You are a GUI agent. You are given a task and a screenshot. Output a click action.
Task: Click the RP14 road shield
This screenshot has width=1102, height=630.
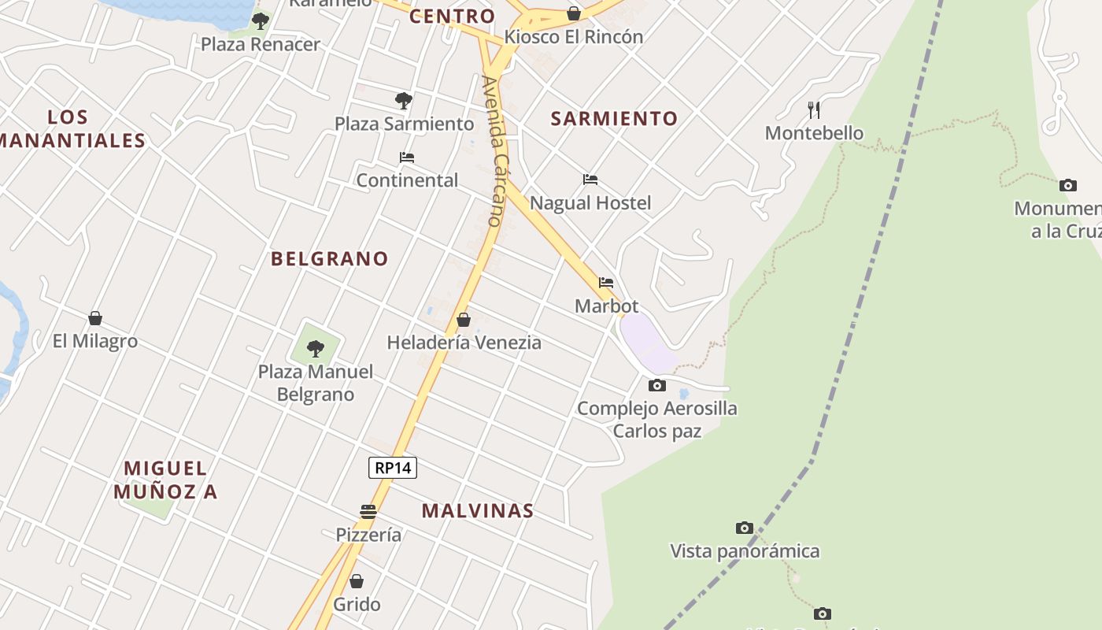393,468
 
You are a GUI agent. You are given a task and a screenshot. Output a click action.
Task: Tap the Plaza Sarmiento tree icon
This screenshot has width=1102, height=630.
404,101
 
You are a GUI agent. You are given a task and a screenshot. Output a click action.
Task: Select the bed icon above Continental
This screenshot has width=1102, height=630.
407,157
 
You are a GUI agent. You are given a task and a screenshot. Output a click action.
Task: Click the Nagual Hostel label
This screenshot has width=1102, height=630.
590,203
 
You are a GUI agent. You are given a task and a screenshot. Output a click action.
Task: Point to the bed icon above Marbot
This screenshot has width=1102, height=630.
606,283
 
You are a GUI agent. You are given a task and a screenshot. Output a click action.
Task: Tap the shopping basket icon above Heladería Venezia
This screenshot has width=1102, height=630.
464,320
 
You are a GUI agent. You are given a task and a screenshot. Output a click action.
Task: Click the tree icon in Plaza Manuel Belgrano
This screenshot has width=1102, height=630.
316,348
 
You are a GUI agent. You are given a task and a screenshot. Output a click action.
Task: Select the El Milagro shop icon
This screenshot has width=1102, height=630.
95,318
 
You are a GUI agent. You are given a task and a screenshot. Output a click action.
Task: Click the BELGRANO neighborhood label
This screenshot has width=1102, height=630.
330,258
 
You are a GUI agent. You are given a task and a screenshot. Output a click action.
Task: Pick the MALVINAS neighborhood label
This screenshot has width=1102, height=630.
478,510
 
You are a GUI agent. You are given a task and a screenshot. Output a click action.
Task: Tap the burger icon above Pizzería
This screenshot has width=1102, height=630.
368,512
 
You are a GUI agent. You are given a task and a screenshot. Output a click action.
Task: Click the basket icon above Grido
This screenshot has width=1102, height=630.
357,581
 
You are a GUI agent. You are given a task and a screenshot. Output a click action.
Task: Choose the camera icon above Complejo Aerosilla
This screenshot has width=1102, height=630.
657,385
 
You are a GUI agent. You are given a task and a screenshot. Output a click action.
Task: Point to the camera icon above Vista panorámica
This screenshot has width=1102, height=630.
745,528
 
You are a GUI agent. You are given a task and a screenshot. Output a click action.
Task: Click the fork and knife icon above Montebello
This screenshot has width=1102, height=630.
814,109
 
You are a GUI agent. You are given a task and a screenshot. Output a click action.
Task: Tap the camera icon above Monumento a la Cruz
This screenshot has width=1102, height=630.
1068,185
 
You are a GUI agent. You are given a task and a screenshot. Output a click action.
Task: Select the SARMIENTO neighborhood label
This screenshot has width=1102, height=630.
614,119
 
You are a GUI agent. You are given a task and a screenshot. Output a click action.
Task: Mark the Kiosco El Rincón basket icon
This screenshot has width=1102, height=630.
574,13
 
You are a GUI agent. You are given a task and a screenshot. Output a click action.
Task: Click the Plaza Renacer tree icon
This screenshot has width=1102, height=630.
261,21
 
